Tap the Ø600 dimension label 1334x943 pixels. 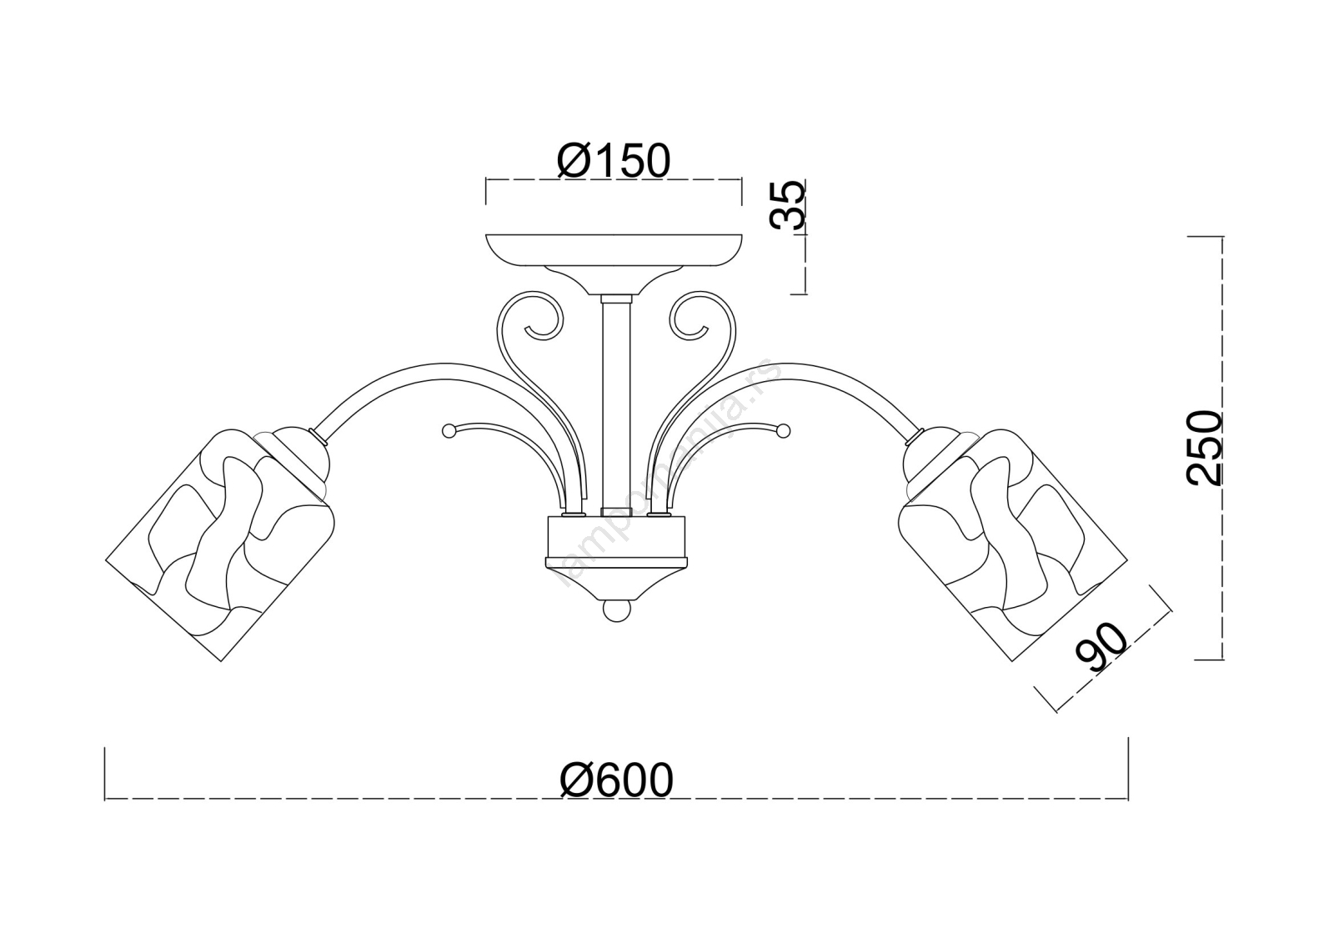(616, 780)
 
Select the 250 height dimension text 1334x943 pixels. (1204, 448)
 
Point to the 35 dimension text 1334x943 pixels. (787, 205)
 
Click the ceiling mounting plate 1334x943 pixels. (614, 250)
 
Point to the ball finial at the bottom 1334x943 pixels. (616, 610)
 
